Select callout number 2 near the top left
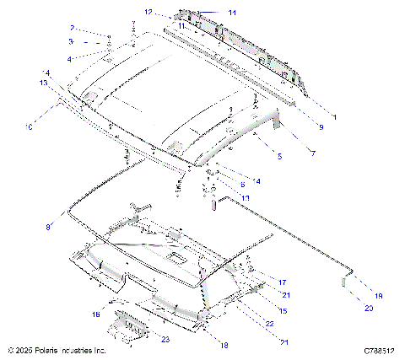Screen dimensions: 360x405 tap(72, 28)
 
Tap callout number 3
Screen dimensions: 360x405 tap(72, 41)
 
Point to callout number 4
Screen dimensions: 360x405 tap(72, 58)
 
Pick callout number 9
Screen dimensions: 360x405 tap(321, 126)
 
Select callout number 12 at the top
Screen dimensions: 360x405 tap(148, 13)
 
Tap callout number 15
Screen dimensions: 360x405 tap(283, 311)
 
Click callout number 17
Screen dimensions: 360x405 tap(283, 282)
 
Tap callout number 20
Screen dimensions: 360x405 tap(367, 309)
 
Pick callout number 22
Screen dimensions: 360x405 tap(270, 324)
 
